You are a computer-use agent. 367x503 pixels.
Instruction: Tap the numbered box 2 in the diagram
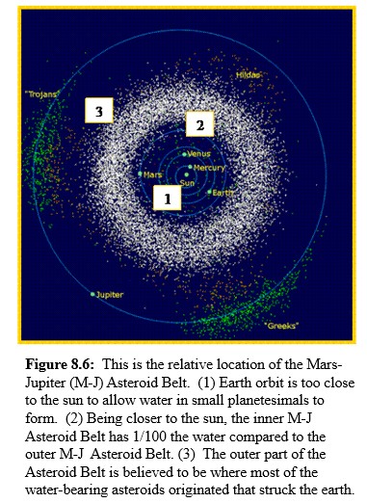pyautogui.click(x=199, y=124)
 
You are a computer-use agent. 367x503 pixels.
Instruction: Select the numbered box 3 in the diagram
pyautogui.click(x=98, y=111)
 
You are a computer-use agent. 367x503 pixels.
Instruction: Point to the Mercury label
pyautogui.click(x=209, y=168)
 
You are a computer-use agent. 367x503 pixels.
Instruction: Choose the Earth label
pyautogui.click(x=223, y=193)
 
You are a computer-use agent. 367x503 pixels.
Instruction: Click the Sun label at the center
pyautogui.click(x=188, y=181)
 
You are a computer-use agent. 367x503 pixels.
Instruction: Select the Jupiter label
pyautogui.click(x=110, y=294)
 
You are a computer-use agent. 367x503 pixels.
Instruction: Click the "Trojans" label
pyautogui.click(x=43, y=93)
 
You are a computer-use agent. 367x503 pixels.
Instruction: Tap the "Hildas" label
pyautogui.click(x=248, y=74)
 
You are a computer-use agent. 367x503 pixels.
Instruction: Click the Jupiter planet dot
pyautogui.click(x=92, y=294)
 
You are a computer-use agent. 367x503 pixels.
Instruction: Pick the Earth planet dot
pyautogui.click(x=209, y=192)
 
